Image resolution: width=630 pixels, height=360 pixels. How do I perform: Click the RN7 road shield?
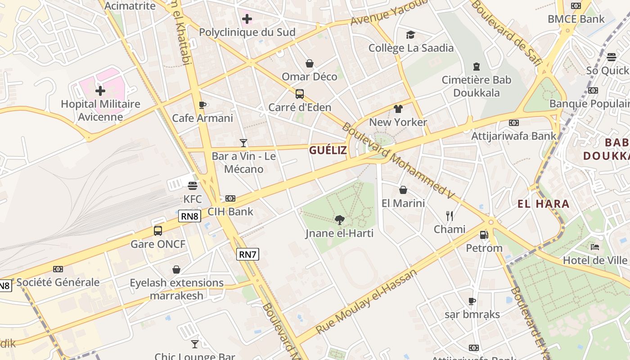coord(247,254)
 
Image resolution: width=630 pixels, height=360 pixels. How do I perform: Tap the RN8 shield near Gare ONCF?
coord(189,216)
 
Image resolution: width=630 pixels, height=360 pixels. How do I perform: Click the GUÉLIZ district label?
coord(328,150)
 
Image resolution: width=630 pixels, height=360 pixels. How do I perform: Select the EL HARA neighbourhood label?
coord(543,204)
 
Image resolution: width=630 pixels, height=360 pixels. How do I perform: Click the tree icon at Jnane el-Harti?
coord(340,220)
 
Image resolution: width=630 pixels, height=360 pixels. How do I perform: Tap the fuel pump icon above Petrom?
coord(484,235)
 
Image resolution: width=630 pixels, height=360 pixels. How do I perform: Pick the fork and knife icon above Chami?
coord(449,216)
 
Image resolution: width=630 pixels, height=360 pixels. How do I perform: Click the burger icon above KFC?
coord(193,186)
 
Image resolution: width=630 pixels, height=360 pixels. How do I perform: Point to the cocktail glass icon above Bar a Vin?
coord(243,143)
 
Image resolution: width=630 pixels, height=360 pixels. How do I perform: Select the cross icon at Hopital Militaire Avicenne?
coord(100,91)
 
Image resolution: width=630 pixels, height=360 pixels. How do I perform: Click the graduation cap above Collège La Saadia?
coord(410,35)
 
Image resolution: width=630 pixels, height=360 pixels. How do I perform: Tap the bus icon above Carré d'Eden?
coord(300,94)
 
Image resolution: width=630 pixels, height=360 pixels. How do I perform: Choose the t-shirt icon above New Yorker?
coord(398,109)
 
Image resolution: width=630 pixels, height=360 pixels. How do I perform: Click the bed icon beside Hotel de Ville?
coord(594,247)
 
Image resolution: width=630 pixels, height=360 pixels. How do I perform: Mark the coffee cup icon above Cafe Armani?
coord(202,105)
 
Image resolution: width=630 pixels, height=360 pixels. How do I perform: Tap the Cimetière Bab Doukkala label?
coord(477,86)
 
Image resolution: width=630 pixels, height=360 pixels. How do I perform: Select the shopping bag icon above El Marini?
coord(403,190)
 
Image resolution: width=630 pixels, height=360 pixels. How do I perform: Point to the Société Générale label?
coord(58,283)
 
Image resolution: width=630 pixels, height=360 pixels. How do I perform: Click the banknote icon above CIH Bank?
coord(230,198)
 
